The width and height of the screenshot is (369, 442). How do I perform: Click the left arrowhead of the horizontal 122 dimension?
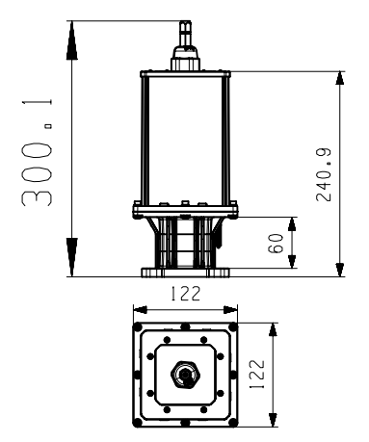tap(138, 310)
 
